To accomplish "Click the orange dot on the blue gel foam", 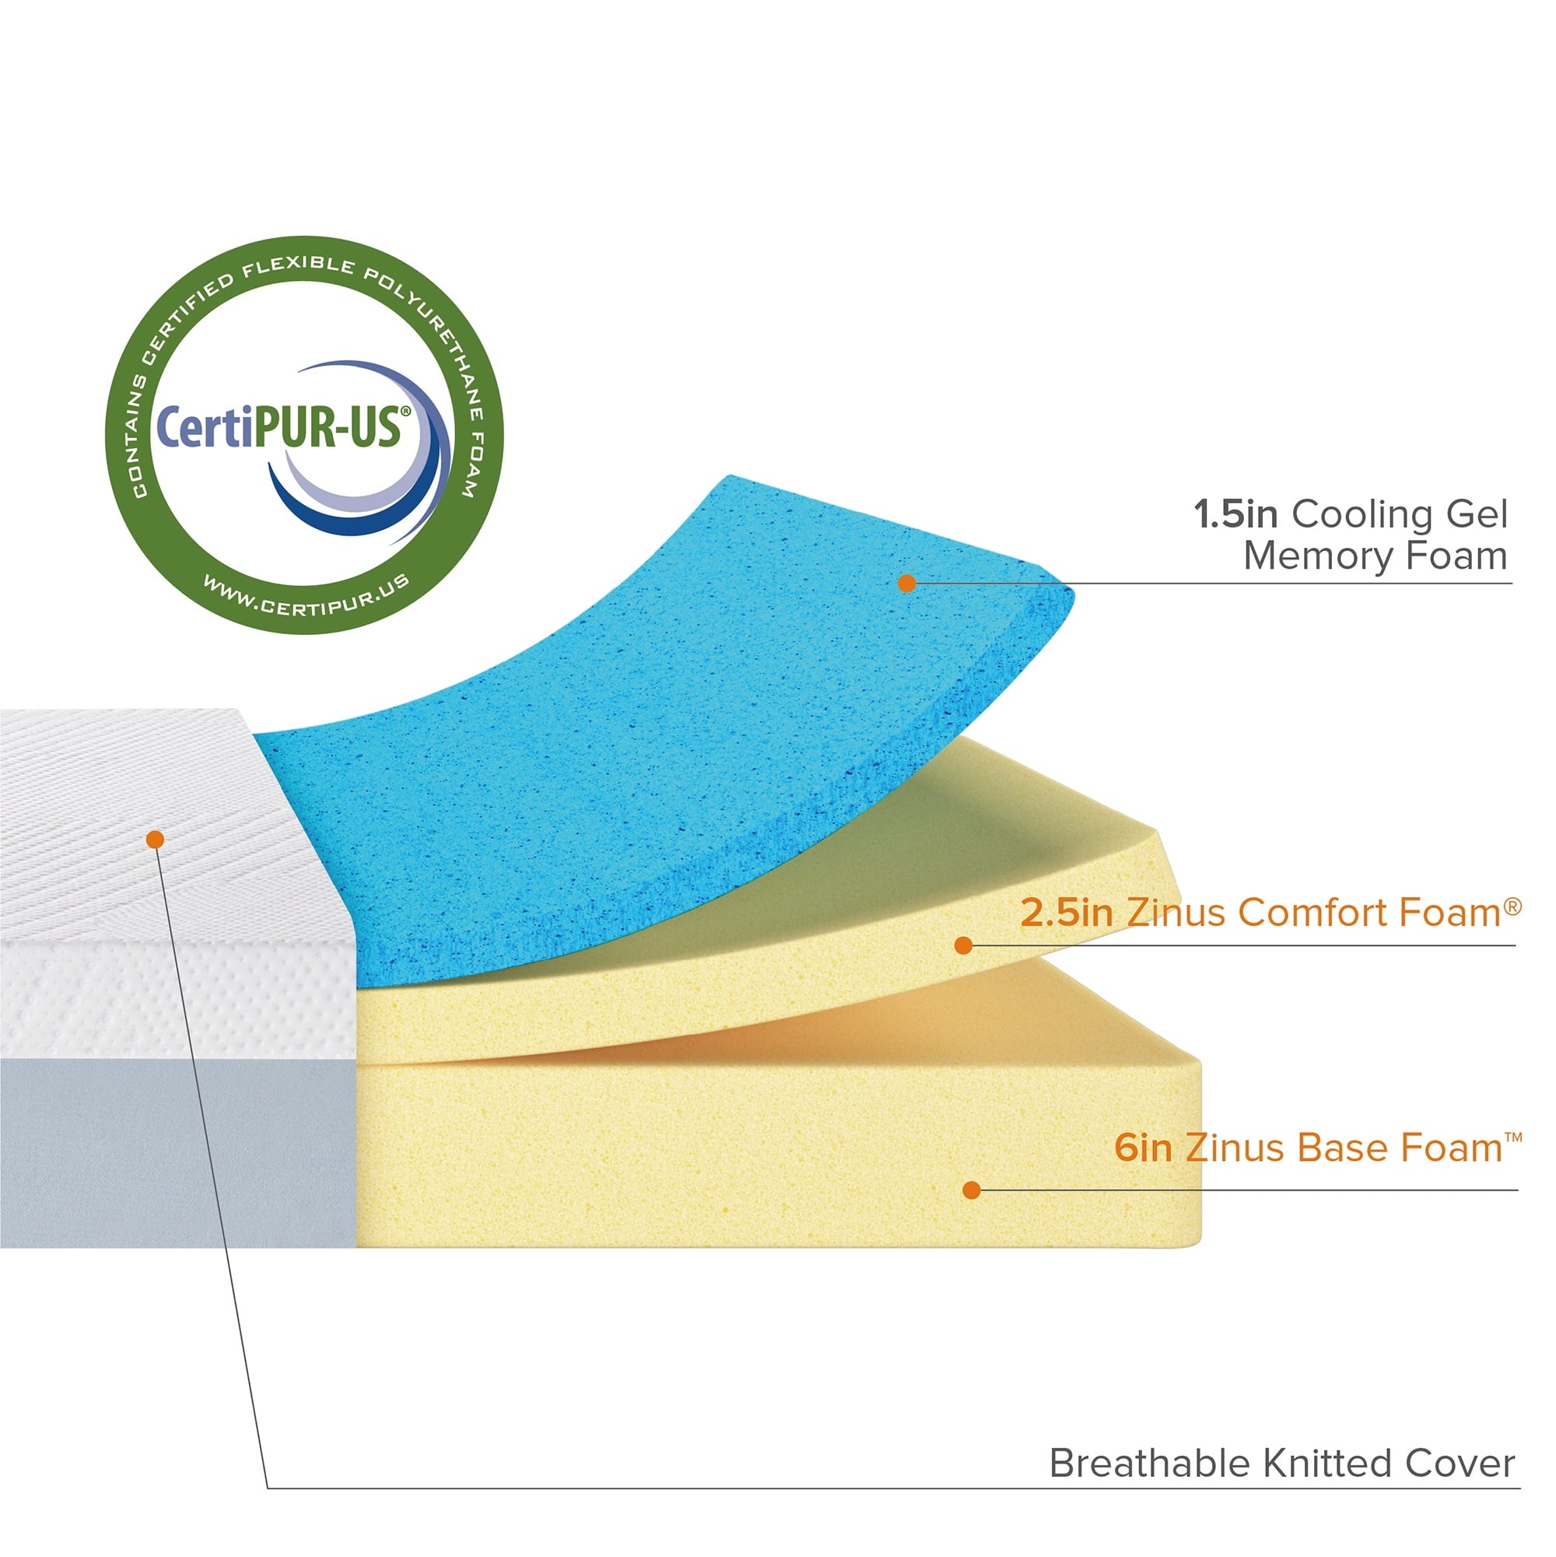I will (906, 583).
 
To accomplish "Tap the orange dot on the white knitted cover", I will (156, 840).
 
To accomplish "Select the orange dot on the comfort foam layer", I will (963, 945).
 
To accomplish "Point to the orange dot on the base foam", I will (972, 1190).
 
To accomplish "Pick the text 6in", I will (1143, 1148).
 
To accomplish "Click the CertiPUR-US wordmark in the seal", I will (279, 426).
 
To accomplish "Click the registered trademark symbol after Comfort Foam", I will (1512, 906).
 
